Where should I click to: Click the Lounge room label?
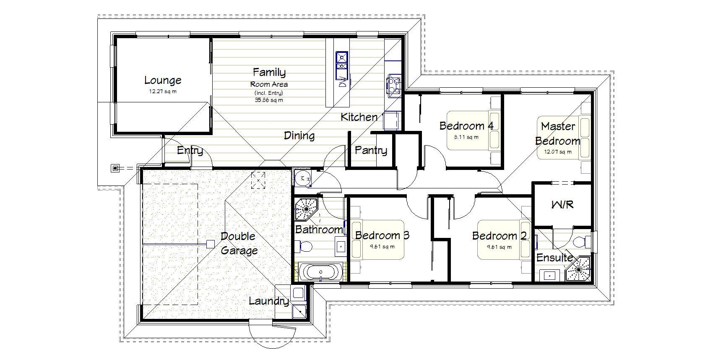click(x=163, y=80)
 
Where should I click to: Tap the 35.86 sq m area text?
click(x=268, y=100)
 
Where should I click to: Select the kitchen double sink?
click(x=342, y=61)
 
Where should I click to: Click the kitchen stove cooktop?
click(x=393, y=85)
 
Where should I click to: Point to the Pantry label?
click(x=371, y=150)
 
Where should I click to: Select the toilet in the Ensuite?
click(x=580, y=242)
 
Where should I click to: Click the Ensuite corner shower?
click(x=579, y=269)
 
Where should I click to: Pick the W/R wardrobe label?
click(x=562, y=205)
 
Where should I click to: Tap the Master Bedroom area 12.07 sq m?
click(x=557, y=152)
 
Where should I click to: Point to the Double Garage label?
click(x=239, y=243)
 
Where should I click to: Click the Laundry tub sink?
click(x=299, y=311)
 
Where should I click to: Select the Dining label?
click(x=299, y=136)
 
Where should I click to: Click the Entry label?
click(x=190, y=151)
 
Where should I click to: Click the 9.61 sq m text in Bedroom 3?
click(x=382, y=247)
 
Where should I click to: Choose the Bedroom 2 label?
click(x=499, y=235)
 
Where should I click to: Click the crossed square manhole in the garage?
click(x=258, y=180)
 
